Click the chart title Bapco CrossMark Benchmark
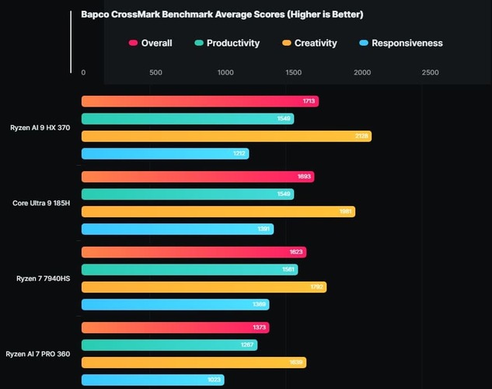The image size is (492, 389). click(222, 15)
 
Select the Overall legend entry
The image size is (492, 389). click(151, 44)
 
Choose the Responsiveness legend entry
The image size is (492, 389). click(401, 44)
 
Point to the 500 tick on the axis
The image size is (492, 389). click(155, 72)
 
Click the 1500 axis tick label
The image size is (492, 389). click(294, 72)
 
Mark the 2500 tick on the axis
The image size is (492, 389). click(430, 72)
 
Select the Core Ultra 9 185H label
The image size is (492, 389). click(41, 203)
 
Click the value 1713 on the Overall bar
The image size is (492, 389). click(309, 102)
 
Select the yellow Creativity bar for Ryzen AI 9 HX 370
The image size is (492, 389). click(225, 136)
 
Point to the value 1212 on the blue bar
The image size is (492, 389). click(239, 154)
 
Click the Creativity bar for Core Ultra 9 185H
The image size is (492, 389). click(218, 212)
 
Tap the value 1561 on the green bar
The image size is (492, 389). click(288, 270)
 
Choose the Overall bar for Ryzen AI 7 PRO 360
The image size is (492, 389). click(175, 328)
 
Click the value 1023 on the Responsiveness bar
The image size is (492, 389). click(215, 380)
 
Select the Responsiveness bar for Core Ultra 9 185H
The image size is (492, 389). click(177, 229)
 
